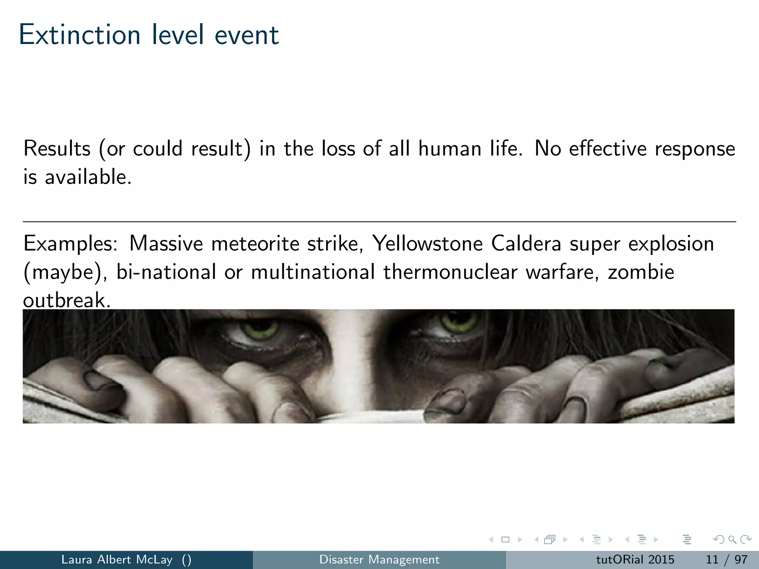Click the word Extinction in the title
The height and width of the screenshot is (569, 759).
click(x=80, y=35)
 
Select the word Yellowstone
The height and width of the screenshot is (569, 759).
click(x=427, y=244)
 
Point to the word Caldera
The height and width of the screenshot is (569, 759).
click(x=526, y=244)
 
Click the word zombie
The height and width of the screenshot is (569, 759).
click(x=641, y=272)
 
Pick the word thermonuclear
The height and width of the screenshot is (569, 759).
click(x=450, y=272)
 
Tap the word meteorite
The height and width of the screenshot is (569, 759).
click(x=255, y=244)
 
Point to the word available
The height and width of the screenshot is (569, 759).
click(x=88, y=177)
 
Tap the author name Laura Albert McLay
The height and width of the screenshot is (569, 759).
click(x=117, y=559)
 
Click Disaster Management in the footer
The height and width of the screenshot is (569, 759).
click(x=379, y=559)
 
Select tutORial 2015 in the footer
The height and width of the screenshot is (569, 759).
click(x=635, y=559)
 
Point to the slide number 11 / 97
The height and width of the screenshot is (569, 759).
click(x=726, y=559)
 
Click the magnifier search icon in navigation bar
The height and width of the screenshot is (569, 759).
click(x=732, y=539)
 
